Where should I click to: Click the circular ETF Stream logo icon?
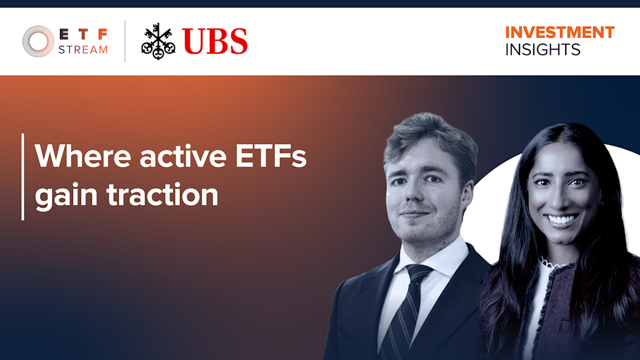tap(38, 41)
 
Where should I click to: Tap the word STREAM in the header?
tap(83, 50)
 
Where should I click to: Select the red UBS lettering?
tap(215, 42)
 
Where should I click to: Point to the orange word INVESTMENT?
tap(559, 32)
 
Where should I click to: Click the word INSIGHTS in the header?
tap(542, 50)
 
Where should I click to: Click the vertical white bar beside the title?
tap(23, 177)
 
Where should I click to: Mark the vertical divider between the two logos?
tap(125, 41)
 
